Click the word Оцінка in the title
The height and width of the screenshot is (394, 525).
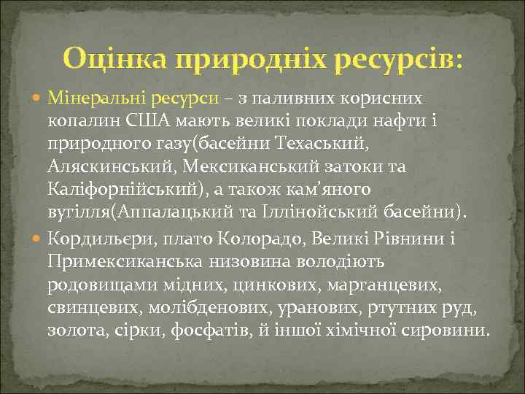pyautogui.click(x=112, y=56)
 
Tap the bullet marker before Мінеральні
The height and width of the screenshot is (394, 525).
pyautogui.click(x=38, y=98)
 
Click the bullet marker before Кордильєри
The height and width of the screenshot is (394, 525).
pyautogui.click(x=38, y=238)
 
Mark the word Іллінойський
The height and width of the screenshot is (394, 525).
pyautogui.click(x=317, y=212)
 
